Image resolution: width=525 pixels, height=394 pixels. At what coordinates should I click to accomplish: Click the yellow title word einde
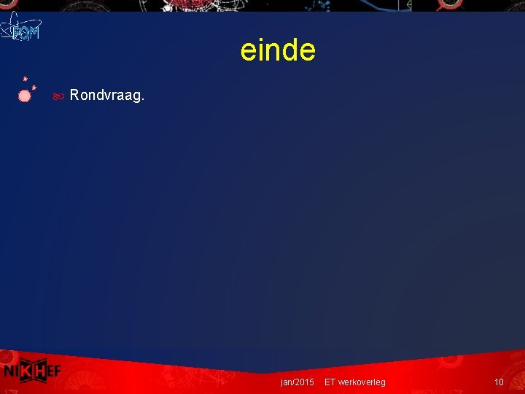(x=278, y=50)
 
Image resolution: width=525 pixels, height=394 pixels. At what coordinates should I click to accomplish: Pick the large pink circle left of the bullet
(x=24, y=95)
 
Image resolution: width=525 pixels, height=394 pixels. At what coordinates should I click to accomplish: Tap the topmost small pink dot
(x=25, y=77)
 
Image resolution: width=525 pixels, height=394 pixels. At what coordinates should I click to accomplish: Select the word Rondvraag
(x=106, y=96)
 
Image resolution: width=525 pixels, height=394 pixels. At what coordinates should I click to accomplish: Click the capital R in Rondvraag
(x=74, y=95)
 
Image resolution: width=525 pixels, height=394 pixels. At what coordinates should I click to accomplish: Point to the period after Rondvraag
(x=143, y=99)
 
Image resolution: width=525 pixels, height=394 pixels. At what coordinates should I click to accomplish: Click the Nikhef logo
(x=31, y=371)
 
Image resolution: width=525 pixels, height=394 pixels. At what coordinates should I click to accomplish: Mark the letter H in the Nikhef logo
(x=44, y=371)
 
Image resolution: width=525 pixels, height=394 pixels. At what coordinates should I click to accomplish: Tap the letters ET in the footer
(x=330, y=382)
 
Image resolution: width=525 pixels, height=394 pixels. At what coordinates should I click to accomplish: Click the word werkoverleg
(x=362, y=382)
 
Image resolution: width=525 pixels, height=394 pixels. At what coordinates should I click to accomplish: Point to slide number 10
(x=499, y=382)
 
